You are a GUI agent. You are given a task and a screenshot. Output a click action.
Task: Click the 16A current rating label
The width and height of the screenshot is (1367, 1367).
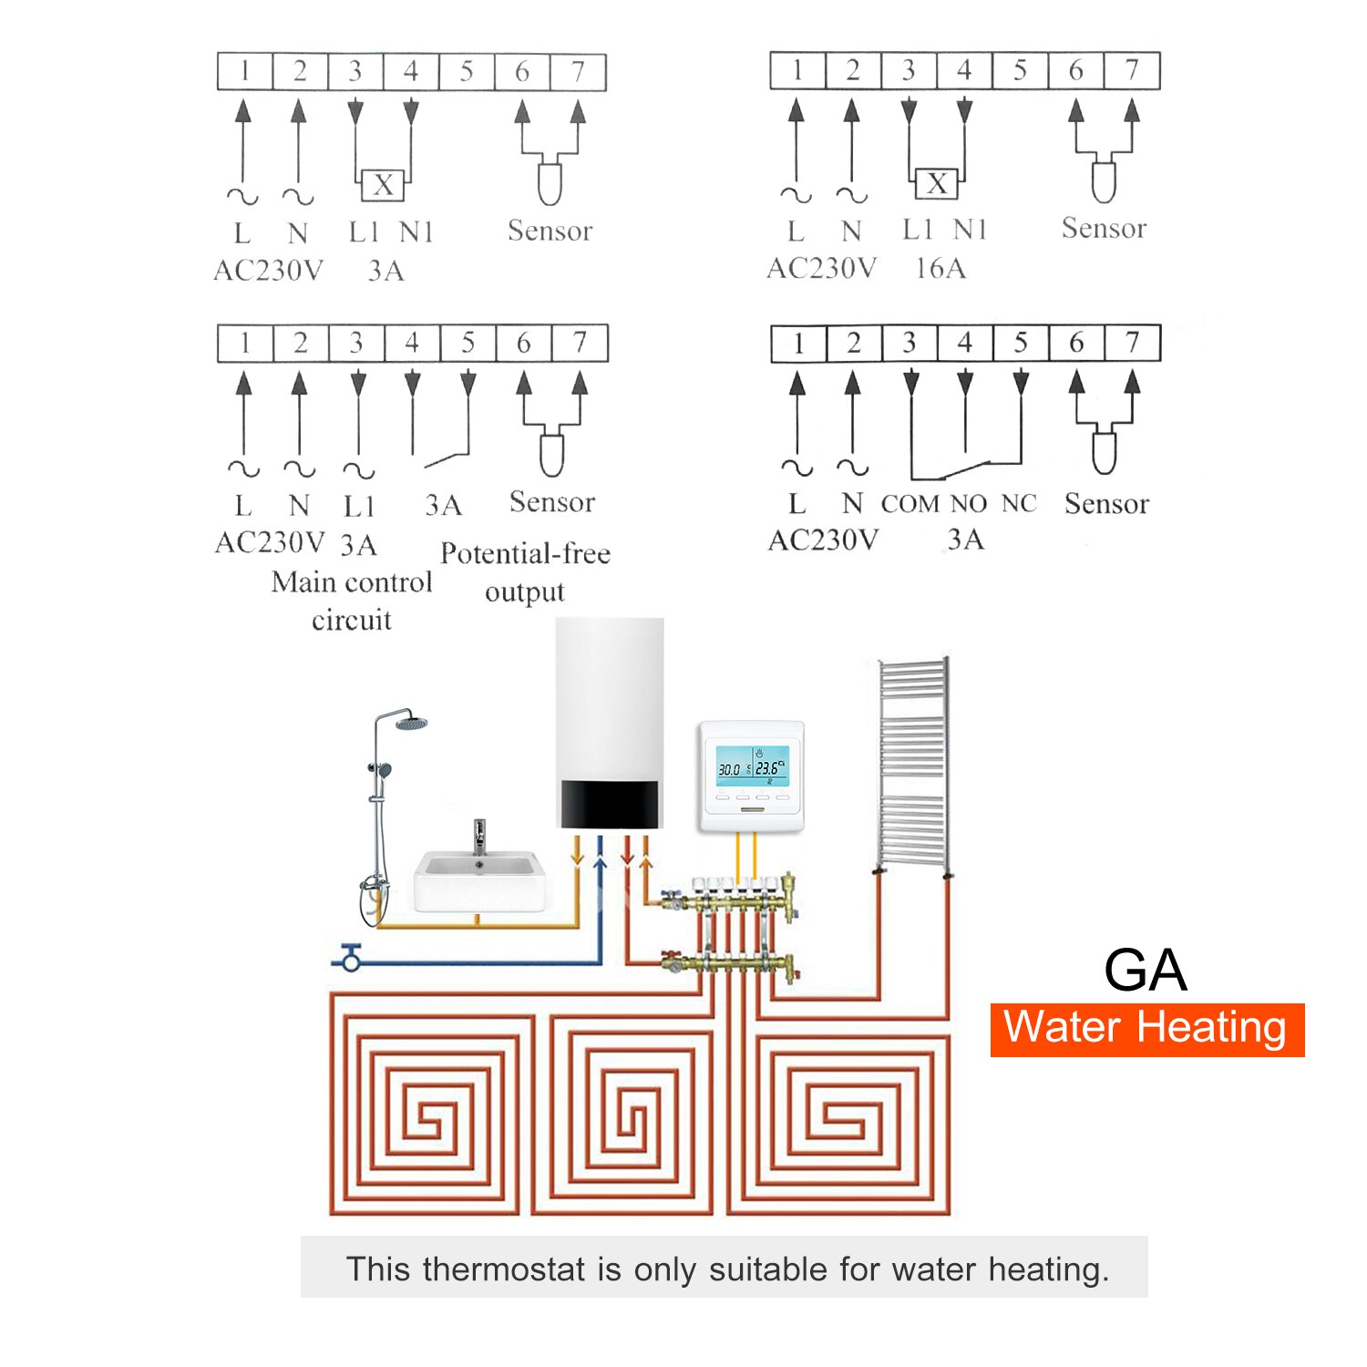click(940, 268)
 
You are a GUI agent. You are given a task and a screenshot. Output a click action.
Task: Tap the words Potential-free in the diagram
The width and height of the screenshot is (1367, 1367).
click(525, 553)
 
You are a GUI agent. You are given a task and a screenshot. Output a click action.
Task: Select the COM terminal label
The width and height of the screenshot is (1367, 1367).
click(910, 504)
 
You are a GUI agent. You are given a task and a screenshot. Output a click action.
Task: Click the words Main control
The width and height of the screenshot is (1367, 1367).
click(351, 582)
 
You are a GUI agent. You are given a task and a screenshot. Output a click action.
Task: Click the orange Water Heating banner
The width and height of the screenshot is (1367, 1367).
click(1146, 1030)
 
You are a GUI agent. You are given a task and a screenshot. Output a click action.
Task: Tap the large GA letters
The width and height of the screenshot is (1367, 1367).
click(1146, 970)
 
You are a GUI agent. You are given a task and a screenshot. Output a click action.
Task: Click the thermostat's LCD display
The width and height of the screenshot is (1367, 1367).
click(751, 767)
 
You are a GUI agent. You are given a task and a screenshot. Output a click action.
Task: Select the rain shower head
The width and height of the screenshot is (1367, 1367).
click(412, 724)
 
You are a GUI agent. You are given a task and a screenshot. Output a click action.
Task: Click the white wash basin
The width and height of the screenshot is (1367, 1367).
click(480, 879)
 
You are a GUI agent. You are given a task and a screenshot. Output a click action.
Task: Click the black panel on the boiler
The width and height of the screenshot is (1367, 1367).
click(608, 804)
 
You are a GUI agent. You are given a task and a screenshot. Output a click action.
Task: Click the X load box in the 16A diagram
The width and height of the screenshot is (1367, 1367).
click(936, 184)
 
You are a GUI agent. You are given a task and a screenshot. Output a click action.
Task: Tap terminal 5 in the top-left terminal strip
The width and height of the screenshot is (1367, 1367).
click(467, 72)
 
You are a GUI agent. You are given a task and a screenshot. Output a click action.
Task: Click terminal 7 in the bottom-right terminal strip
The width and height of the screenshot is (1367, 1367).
click(1132, 344)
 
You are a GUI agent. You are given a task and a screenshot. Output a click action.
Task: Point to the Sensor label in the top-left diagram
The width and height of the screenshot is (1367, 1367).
click(550, 231)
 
